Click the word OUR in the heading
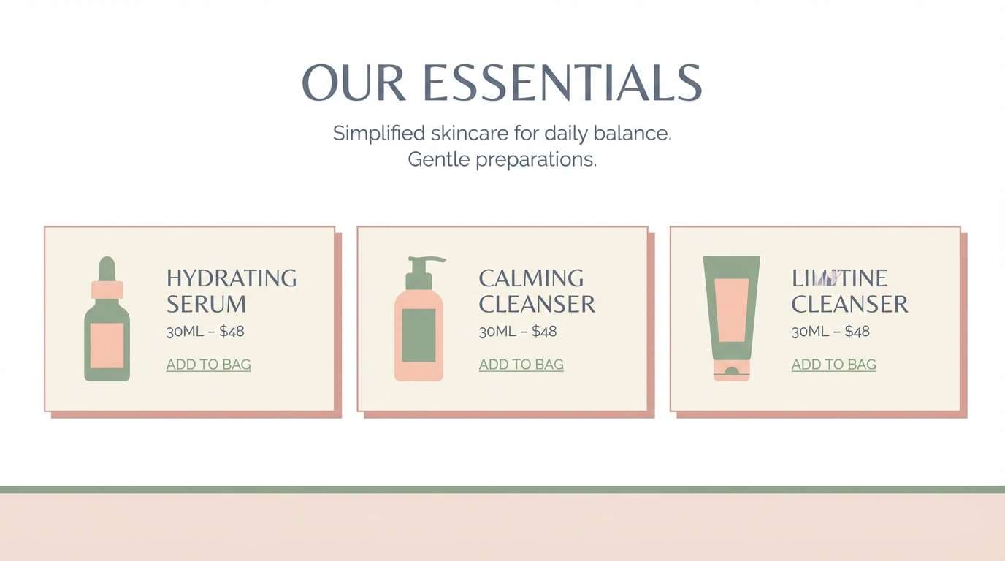354,83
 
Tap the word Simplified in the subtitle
378,134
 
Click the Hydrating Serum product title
231,291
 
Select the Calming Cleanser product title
537,291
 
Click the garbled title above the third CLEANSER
839,278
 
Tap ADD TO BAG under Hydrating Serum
208,365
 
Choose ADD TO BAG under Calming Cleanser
521,365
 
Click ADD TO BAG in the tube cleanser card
833,365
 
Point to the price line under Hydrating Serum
205,332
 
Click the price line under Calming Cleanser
518,332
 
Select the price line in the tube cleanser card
830,332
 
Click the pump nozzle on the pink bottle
428,260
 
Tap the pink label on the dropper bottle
107,345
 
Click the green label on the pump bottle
419,335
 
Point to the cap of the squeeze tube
731,373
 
